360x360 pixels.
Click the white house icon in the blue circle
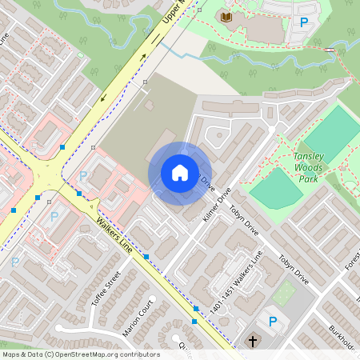click(179, 173)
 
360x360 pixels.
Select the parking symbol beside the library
click(303, 22)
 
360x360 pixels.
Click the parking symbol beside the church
click(273, 322)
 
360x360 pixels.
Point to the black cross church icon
click(253, 342)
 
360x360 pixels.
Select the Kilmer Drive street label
click(216, 206)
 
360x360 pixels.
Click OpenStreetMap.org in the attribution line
click(102, 354)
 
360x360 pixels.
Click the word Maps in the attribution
click(11, 354)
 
